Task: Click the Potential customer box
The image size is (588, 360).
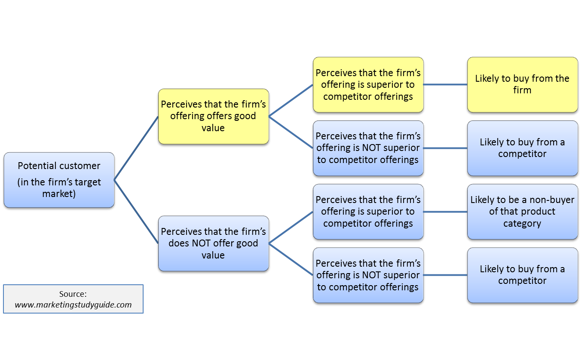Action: (59, 180)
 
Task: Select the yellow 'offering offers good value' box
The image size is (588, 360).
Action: (213, 116)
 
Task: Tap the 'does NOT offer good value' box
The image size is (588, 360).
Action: (213, 243)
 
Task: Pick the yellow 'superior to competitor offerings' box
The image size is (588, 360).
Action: (368, 85)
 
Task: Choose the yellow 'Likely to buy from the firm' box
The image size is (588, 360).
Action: (522, 85)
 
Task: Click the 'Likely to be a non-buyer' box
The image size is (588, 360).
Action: (522, 212)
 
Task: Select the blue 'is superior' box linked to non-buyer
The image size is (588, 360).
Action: (368, 212)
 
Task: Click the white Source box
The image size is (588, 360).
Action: (73, 299)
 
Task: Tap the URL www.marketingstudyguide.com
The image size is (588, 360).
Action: (73, 305)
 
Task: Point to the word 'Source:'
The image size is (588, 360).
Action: (73, 294)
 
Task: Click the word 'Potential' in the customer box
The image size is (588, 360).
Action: (37, 166)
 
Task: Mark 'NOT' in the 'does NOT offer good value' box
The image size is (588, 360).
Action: (201, 243)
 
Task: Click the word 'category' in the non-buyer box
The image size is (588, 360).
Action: (522, 224)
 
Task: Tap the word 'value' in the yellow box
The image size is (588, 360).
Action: (213, 128)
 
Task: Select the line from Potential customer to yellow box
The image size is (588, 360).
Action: (136, 148)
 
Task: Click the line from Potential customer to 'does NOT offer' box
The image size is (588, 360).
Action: (136, 212)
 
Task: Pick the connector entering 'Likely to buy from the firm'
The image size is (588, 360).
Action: (445, 85)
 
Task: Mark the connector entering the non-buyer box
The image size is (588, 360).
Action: (445, 212)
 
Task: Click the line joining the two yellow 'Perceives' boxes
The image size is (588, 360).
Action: (291, 100)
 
